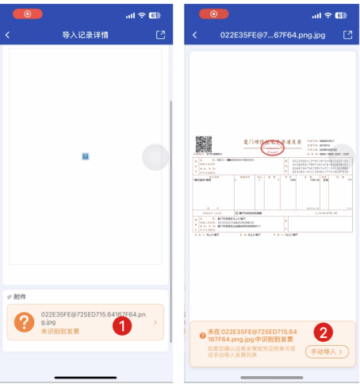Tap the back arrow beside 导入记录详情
[8, 36]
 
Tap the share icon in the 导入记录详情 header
[161, 36]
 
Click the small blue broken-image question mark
[85, 156]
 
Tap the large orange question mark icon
[24, 322]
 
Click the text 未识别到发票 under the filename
[60, 331]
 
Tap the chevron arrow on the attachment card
[155, 323]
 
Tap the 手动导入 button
[326, 351]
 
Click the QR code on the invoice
[203, 144]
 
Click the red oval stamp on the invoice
[274, 148]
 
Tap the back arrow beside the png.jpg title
[195, 36]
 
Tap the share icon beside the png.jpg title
[347, 36]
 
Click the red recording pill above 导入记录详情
[29, 14]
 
